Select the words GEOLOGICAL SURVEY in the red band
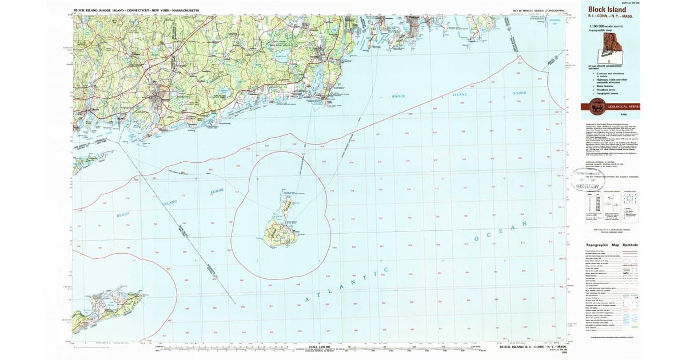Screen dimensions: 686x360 [621, 106]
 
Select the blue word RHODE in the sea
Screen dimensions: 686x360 [398, 96]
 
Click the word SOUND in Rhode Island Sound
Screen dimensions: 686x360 [519, 92]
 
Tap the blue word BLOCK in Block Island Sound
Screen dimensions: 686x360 [123, 214]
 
